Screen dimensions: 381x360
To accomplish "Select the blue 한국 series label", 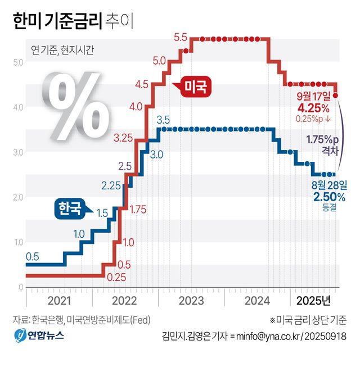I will coord(67,208).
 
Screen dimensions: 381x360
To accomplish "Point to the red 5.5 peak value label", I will coord(181,38).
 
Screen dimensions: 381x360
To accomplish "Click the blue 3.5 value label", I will coord(163,119).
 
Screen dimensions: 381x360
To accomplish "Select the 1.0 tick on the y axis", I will coord(18,242).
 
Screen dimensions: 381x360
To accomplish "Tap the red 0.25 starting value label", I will coord(116,277).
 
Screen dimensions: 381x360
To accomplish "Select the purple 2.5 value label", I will coord(125,166).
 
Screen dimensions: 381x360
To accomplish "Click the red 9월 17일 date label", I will coord(318,95).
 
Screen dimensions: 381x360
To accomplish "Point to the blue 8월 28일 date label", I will coord(330,184).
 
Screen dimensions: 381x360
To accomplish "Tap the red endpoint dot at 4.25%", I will coord(336,96).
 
